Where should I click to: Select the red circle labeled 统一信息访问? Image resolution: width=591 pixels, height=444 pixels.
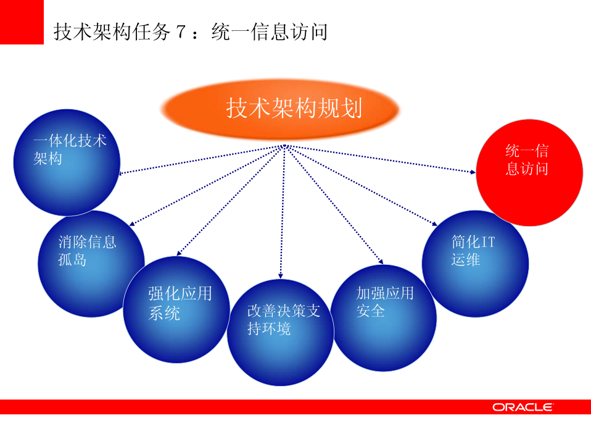(x=529, y=173)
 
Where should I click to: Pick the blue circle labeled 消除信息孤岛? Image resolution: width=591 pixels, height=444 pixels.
(x=91, y=263)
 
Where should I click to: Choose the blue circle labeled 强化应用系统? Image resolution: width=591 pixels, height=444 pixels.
(x=176, y=309)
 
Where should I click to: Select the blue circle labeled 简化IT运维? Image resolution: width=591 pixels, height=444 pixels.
(x=475, y=263)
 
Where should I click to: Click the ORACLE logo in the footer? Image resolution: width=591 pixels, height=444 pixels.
(x=523, y=407)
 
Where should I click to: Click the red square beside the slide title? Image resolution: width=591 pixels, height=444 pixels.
(x=22, y=22)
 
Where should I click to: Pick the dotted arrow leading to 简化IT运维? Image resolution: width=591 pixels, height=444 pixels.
(x=361, y=185)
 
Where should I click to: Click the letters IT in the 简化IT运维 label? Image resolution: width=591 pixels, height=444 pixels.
(x=487, y=242)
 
